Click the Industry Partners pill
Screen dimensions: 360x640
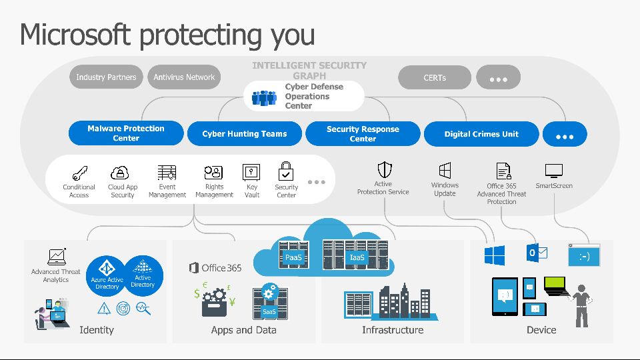coord(106,77)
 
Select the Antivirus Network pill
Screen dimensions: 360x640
coord(184,77)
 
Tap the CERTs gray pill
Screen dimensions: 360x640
coord(434,77)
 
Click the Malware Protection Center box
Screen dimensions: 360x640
coord(125,133)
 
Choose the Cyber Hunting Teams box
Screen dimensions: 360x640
coord(244,133)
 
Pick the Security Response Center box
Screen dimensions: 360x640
coord(363,133)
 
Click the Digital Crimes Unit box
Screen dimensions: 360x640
coord(481,133)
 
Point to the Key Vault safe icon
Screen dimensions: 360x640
coord(251,172)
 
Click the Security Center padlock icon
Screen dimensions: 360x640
coord(286,171)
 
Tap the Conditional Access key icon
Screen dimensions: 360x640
coord(79,173)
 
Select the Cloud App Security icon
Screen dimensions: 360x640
coord(120,173)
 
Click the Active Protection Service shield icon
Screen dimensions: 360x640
coord(384,169)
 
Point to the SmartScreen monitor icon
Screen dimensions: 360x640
coord(554,171)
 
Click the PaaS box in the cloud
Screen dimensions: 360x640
coord(293,257)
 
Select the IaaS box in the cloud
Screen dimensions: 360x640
coord(357,257)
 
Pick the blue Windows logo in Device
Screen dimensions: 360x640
coord(494,255)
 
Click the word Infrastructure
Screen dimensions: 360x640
coord(393,330)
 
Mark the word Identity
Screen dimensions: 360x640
coord(97,330)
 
